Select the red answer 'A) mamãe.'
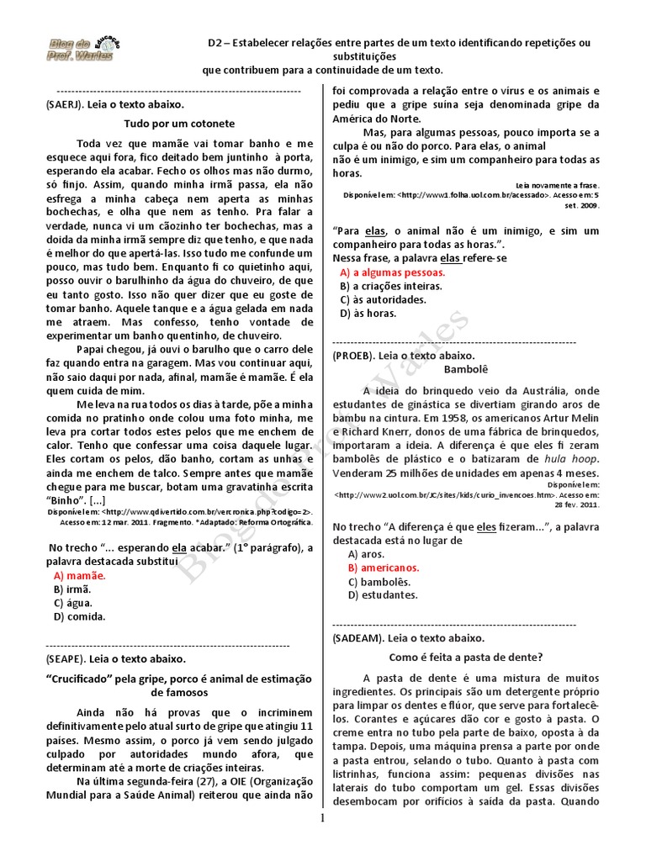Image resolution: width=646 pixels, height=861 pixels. (x=80, y=576)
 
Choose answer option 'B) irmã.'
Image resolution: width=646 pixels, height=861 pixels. (x=74, y=589)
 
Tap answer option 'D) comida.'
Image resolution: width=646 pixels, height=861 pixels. (x=79, y=616)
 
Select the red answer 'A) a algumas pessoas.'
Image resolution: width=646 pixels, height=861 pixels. (x=393, y=272)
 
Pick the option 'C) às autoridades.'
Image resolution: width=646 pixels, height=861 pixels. (x=383, y=299)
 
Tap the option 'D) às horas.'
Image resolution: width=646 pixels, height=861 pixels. (x=368, y=313)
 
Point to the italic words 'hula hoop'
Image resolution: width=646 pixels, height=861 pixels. (x=570, y=459)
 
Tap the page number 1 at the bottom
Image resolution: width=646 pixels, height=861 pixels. (x=322, y=843)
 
